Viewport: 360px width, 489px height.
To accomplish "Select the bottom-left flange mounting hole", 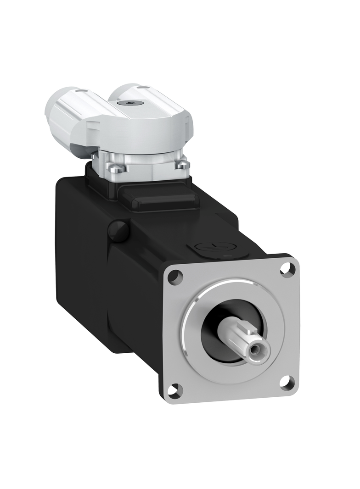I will pyautogui.click(x=175, y=390).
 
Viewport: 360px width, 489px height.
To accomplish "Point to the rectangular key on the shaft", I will pyautogui.click(x=247, y=328).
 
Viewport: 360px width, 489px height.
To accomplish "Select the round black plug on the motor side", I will pyautogui.click(x=118, y=231).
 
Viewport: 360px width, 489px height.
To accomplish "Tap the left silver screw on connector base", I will pyautogui.click(x=115, y=169).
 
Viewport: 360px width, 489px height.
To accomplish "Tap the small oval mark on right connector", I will pyautogui.click(x=143, y=87).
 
